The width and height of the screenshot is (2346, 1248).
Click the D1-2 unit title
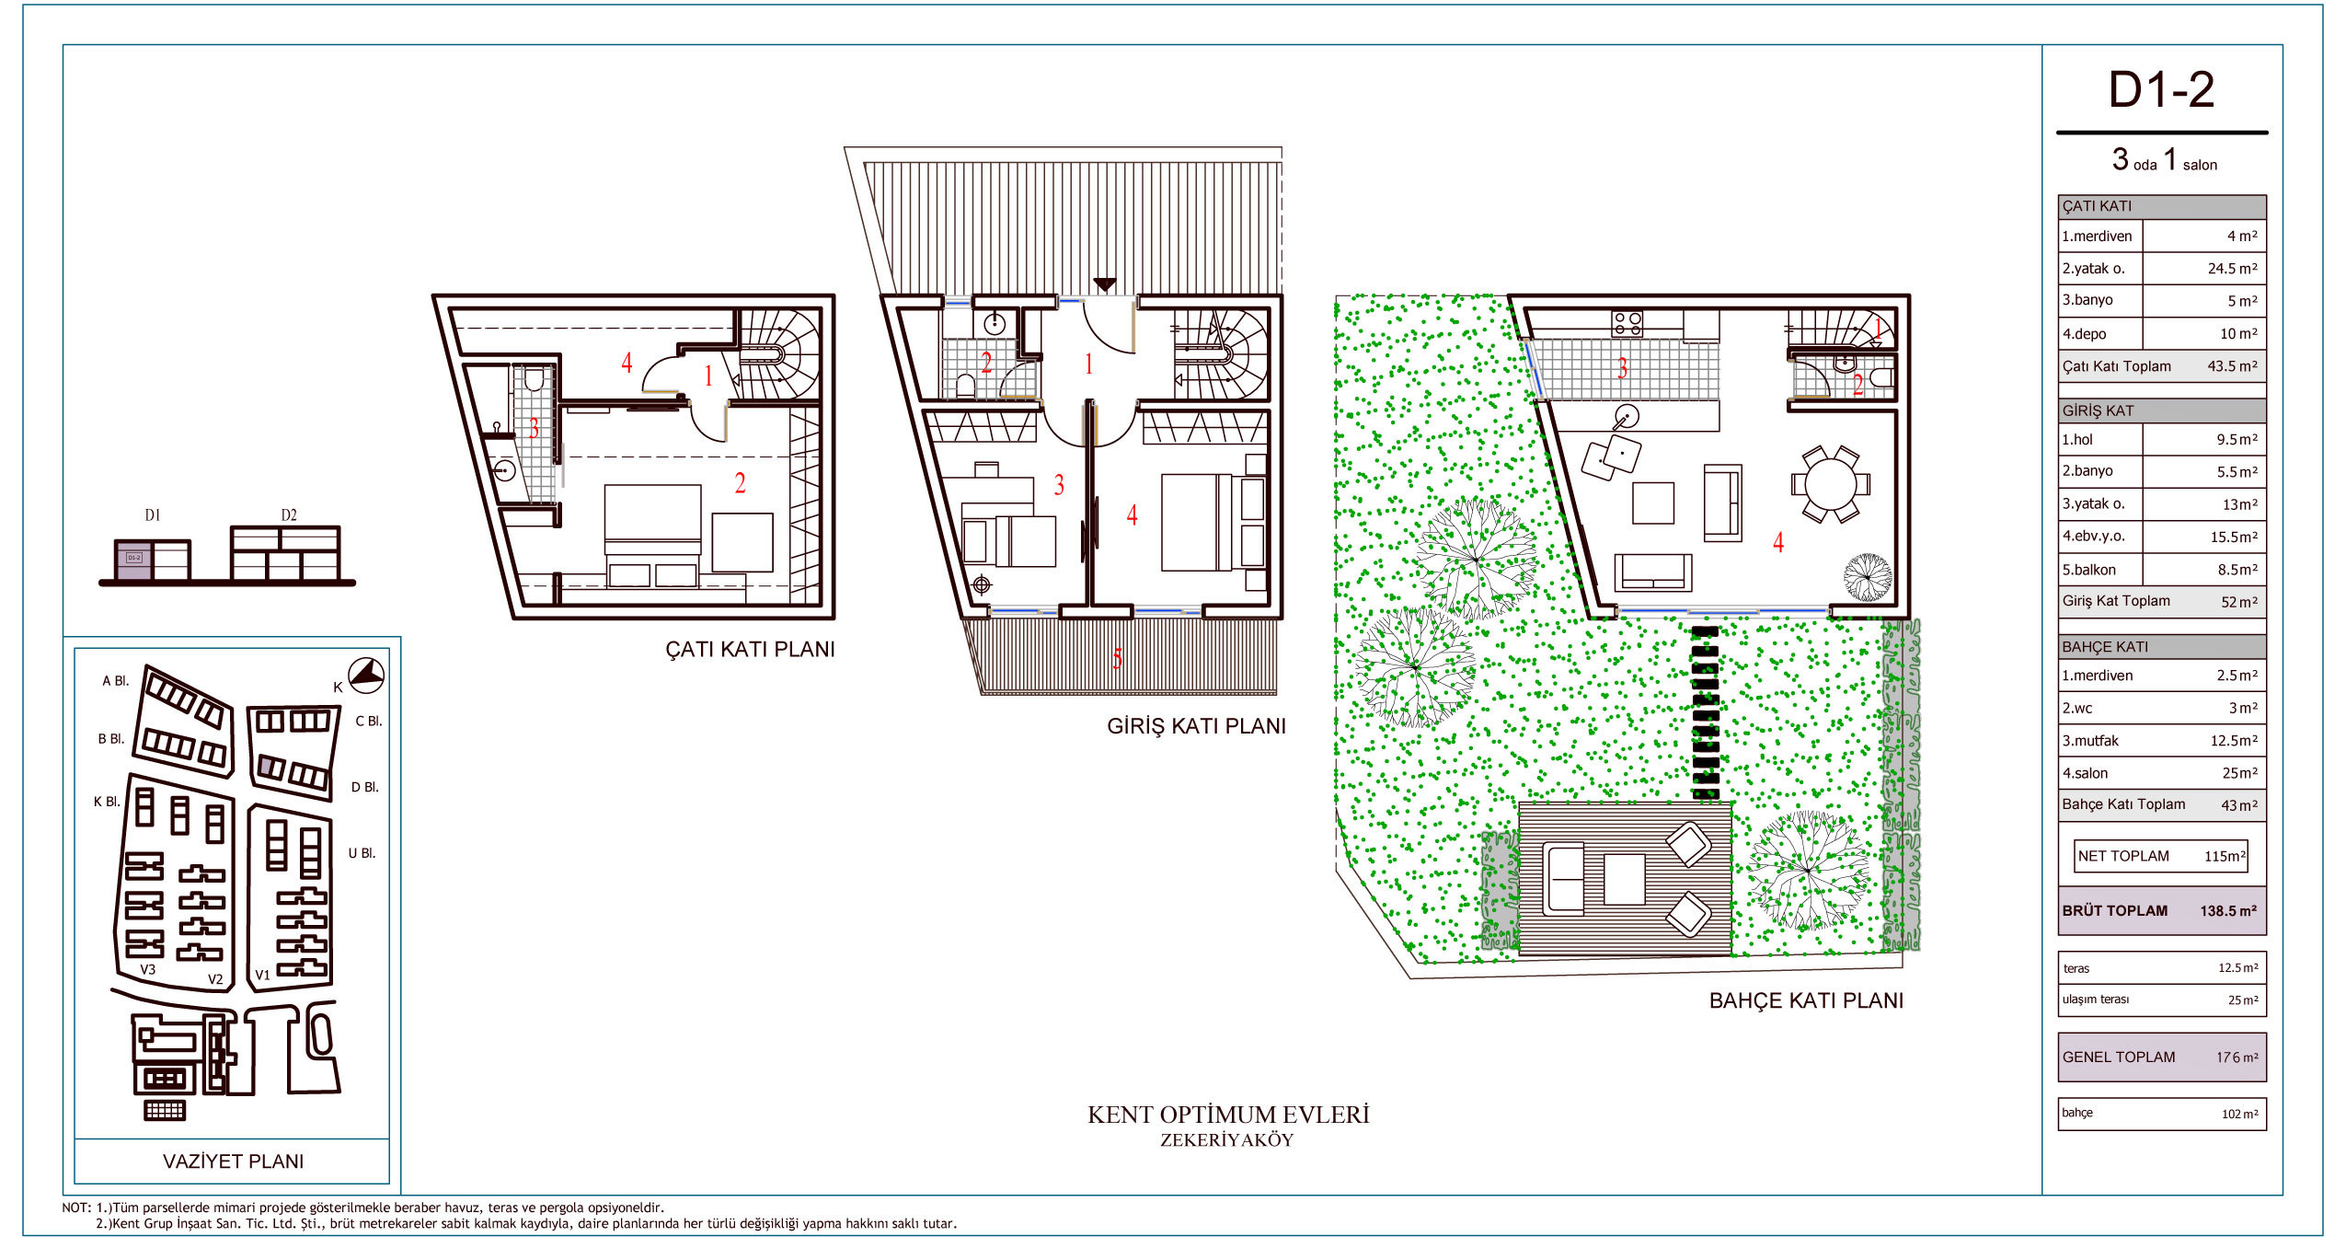(2161, 90)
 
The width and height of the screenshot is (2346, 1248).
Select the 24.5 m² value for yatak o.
(2232, 269)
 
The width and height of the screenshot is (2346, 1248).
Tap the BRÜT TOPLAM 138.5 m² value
(2228, 910)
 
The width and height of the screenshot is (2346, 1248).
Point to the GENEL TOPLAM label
(2119, 1057)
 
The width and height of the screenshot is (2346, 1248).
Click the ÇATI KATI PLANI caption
(750, 649)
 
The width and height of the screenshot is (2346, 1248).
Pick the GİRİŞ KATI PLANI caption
(1196, 726)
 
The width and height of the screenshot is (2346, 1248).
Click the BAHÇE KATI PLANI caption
(1806, 1000)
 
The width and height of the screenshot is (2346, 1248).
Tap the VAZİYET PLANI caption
(233, 1161)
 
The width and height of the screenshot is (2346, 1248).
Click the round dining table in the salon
(1831, 484)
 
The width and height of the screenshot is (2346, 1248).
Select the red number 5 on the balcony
(1117, 658)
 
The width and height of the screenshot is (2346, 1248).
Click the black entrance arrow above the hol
(1104, 285)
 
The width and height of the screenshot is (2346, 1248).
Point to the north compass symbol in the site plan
(366, 676)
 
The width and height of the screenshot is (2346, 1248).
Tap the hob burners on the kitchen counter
(1627, 323)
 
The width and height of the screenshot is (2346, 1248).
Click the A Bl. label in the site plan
(116, 681)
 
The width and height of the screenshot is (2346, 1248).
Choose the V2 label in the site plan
(215, 979)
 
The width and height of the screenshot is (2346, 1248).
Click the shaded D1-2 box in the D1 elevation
(133, 560)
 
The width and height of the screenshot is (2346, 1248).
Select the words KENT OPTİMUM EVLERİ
(1228, 1115)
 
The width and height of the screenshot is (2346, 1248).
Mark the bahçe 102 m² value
(2239, 1114)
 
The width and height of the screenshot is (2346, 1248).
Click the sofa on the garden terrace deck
(1564, 877)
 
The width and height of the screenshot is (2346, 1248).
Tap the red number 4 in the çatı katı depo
(627, 363)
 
